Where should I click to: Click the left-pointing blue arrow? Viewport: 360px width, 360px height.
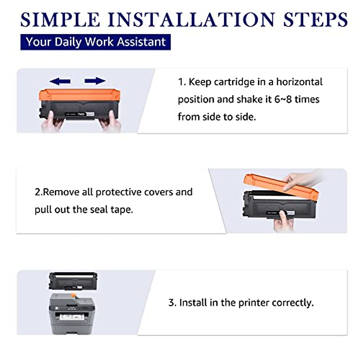point(60,81)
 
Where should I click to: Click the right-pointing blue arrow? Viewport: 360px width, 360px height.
point(95,81)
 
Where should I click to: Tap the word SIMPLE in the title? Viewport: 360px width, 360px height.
point(60,19)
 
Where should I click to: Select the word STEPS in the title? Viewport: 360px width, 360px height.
point(315,19)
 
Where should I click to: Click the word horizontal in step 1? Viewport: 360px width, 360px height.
point(299,82)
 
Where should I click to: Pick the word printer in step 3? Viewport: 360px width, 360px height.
point(254,303)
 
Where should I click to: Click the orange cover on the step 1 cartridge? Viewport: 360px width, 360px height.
point(79,95)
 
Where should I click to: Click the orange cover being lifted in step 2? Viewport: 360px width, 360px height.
point(281,187)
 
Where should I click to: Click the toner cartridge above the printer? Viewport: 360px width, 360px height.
point(73,281)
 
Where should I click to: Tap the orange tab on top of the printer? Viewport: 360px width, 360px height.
point(73,295)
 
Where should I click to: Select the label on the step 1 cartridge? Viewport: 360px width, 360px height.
point(80,114)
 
